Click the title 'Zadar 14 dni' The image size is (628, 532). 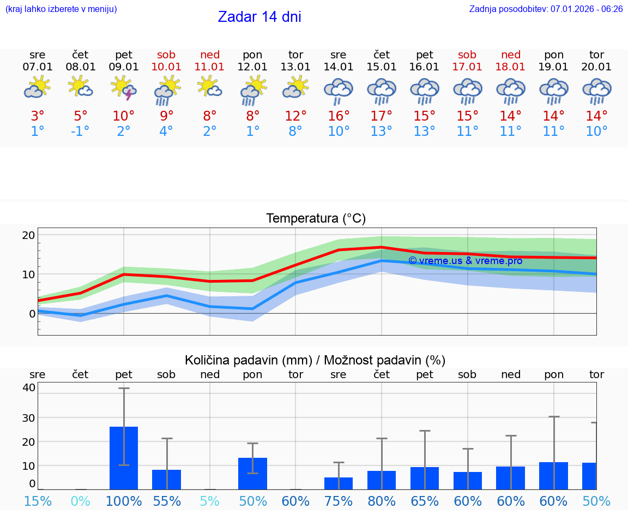coord(259,17)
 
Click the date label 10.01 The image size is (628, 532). coord(166,67)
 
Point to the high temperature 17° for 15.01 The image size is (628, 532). coord(382,116)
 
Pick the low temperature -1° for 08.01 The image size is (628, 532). coord(80,131)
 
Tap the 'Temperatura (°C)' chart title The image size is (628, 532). coord(316,219)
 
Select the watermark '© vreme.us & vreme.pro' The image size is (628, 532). coord(465,261)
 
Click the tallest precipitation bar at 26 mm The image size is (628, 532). coord(124,458)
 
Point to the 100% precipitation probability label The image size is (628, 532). coord(124,501)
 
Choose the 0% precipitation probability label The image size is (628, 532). coord(80,501)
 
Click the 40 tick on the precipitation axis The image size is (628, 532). coord(28,387)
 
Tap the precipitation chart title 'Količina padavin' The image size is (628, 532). coord(315,360)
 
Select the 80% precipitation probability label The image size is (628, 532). coord(382,501)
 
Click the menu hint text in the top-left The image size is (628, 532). coord(61,9)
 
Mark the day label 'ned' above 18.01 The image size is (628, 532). coord(511,55)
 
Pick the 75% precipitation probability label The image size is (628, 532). coord(339,501)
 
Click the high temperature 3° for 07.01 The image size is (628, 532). coord(38,116)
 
